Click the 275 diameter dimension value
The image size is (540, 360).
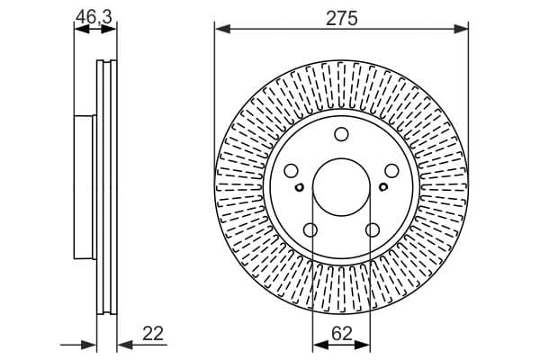[342, 18]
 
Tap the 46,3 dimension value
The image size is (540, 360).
[94, 16]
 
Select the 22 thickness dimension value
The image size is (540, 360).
[153, 333]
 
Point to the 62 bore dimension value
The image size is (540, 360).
[342, 334]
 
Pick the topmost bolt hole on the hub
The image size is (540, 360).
[341, 134]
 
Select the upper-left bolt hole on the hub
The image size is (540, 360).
[292, 170]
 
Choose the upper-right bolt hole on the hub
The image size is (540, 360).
[391, 170]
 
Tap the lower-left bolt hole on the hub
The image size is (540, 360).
[310, 229]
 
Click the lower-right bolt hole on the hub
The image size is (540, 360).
[373, 229]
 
